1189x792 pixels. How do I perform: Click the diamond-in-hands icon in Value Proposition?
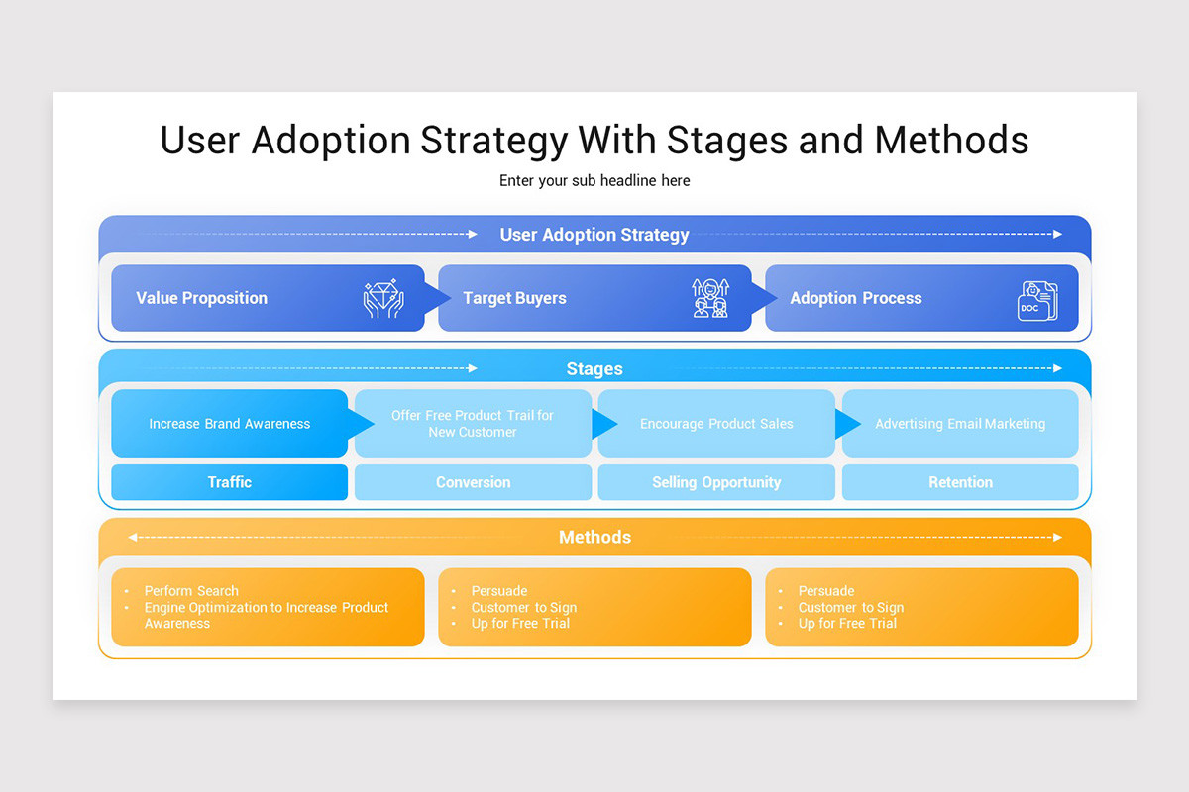tap(383, 298)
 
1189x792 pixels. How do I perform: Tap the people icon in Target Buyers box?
tap(709, 298)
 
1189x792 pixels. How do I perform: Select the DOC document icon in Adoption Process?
tap(1036, 301)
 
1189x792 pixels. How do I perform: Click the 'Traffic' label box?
tap(229, 482)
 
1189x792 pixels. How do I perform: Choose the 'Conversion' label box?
tap(473, 482)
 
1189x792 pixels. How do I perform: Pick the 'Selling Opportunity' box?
tap(716, 482)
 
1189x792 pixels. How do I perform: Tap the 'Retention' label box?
tap(960, 482)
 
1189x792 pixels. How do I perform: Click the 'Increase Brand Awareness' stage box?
tap(229, 424)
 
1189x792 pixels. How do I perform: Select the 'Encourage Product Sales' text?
tap(716, 424)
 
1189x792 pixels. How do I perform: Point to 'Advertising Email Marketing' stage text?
tap(960, 424)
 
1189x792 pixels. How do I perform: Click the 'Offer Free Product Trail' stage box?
tap(473, 424)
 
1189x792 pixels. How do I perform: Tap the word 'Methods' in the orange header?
tap(594, 537)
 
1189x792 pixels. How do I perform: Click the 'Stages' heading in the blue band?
tap(594, 368)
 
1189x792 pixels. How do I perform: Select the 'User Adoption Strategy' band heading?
tap(594, 235)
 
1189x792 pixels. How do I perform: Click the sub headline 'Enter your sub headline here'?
tap(594, 180)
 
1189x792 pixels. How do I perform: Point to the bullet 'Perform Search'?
tap(191, 591)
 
